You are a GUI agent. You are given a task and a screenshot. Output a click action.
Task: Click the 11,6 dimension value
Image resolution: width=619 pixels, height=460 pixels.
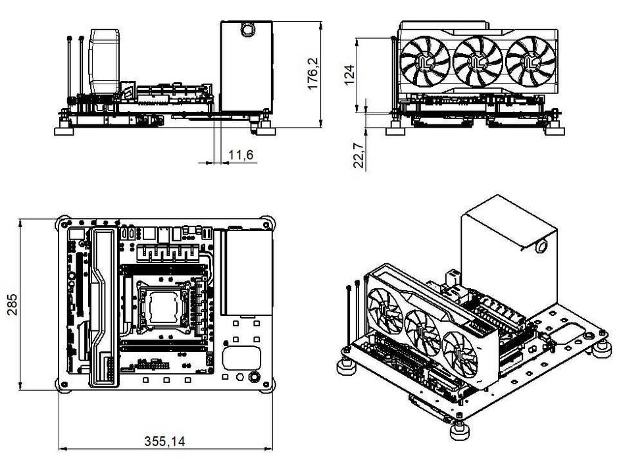click(241, 156)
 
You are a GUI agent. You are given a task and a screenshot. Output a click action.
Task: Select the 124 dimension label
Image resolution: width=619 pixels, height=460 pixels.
click(350, 72)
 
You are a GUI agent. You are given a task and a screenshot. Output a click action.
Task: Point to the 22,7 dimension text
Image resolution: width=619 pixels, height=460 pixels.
click(359, 156)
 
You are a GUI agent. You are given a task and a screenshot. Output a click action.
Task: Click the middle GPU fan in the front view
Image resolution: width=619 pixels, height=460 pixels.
click(478, 61)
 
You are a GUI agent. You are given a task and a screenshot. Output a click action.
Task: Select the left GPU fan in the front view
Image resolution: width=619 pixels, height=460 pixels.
click(425, 61)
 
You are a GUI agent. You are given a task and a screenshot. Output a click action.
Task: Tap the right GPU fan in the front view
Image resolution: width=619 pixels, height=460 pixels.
click(530, 61)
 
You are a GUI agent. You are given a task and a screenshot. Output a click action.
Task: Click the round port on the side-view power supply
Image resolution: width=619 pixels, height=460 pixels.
click(247, 30)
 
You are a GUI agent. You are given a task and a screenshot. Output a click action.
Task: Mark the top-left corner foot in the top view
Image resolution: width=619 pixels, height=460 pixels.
click(64, 223)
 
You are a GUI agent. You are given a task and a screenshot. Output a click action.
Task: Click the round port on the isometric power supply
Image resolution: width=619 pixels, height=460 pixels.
click(542, 247)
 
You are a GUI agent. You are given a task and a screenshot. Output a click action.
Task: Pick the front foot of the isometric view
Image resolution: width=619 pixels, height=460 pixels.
click(459, 431)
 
